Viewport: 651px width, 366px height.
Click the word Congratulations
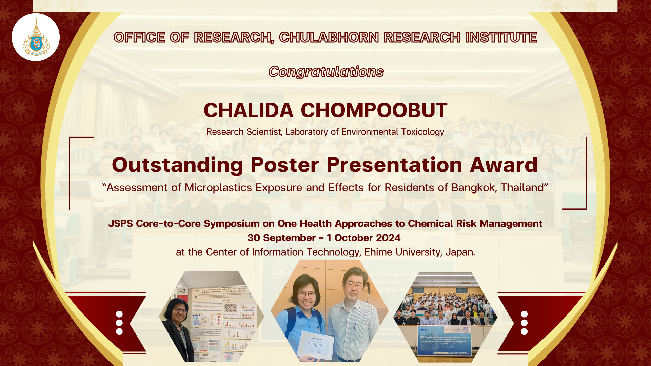pyautogui.click(x=326, y=72)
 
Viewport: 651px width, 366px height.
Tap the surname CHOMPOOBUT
pyautogui.click(x=374, y=110)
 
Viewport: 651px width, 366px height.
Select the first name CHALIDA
pyautogui.click(x=248, y=110)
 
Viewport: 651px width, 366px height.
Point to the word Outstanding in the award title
pyautogui.click(x=177, y=165)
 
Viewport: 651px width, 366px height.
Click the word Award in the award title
pyautogui.click(x=504, y=165)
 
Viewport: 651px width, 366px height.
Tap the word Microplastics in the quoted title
pyautogui.click(x=218, y=188)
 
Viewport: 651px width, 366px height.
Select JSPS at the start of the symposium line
pyautogui.click(x=120, y=224)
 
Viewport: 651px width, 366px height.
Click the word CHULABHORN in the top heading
pyautogui.click(x=329, y=37)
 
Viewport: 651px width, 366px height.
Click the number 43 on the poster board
pyautogui.click(x=183, y=291)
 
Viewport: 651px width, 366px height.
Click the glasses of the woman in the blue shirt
pyautogui.click(x=307, y=294)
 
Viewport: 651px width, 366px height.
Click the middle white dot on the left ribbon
pyautogui.click(x=119, y=323)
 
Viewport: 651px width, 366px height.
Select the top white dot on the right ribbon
pyautogui.click(x=524, y=314)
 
